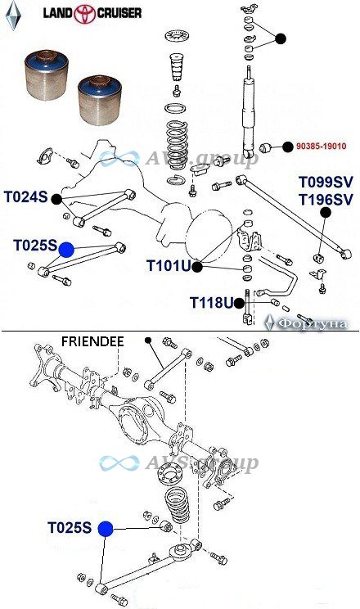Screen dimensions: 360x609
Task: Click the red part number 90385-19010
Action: coord(322,147)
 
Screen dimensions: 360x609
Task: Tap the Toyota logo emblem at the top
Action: coord(85,14)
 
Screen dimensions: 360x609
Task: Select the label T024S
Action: coord(26,197)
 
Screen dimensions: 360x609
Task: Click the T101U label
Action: coord(169,266)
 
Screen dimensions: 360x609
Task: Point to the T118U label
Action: coord(212,302)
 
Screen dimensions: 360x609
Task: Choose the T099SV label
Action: coord(326,182)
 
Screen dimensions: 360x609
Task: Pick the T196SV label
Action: coord(326,200)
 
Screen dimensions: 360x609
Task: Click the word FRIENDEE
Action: coord(92,341)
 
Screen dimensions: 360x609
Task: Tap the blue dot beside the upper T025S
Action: coord(66,250)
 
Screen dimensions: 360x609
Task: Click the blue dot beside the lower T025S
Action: coord(106,529)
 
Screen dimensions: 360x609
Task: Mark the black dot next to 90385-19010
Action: coord(287,147)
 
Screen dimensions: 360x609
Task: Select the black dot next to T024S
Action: coord(56,199)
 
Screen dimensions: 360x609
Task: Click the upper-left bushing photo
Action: coord(46,74)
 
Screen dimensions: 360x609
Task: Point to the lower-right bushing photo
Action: coord(100,101)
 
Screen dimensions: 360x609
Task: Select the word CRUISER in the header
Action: coord(119,14)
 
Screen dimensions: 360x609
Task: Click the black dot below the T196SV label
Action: coord(326,213)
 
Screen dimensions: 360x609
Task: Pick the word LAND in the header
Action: coord(58,14)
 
